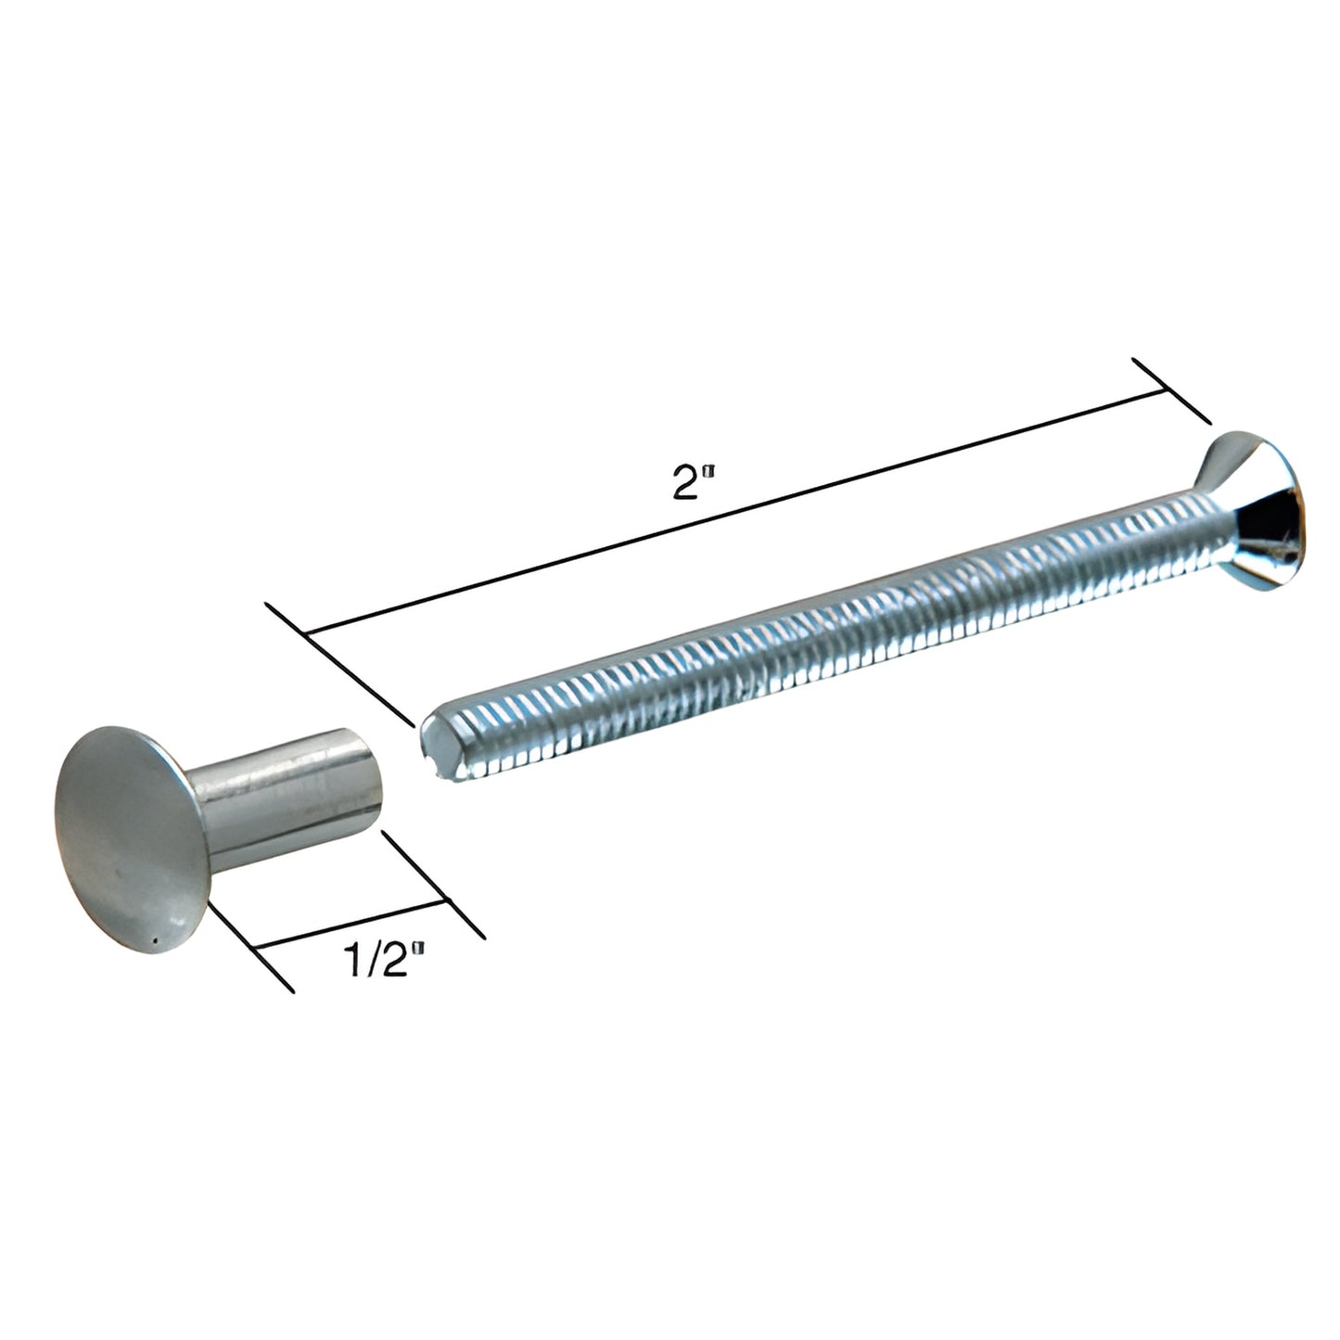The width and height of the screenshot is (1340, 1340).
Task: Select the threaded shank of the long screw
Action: [835, 632]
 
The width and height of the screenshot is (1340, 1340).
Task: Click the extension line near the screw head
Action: [1172, 389]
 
